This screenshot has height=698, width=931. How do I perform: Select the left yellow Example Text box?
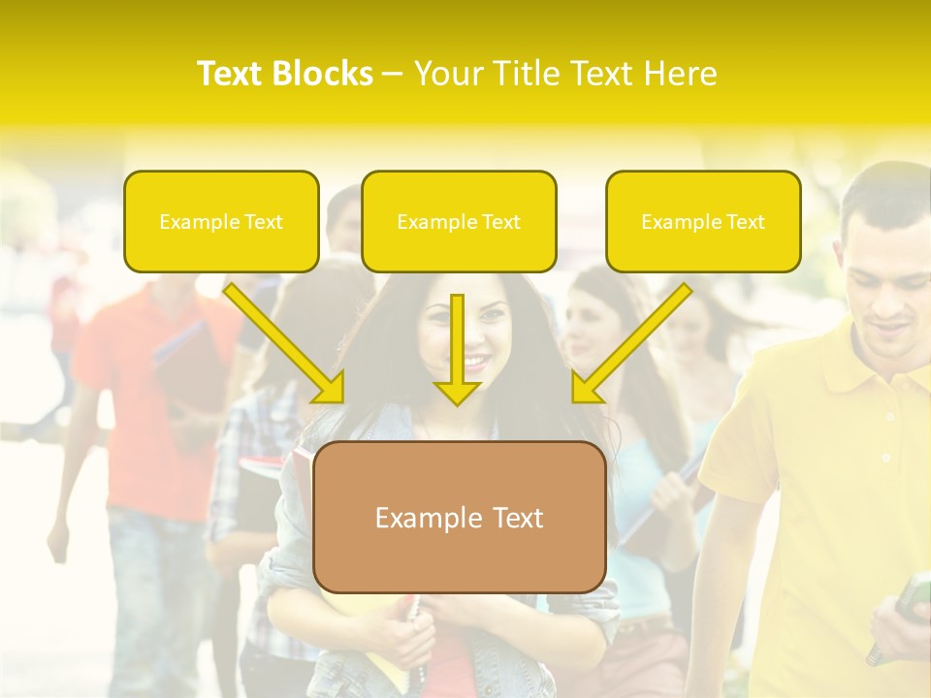coord(221,221)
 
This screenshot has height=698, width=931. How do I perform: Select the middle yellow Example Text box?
coord(459,221)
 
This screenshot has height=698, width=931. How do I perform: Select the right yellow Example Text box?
coord(703,221)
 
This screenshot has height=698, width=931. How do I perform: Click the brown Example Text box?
coord(460,518)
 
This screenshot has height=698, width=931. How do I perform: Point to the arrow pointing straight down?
coord(457,349)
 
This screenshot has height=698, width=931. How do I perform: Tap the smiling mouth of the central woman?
coord(475,362)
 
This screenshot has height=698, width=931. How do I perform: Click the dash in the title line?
coord(393,75)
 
